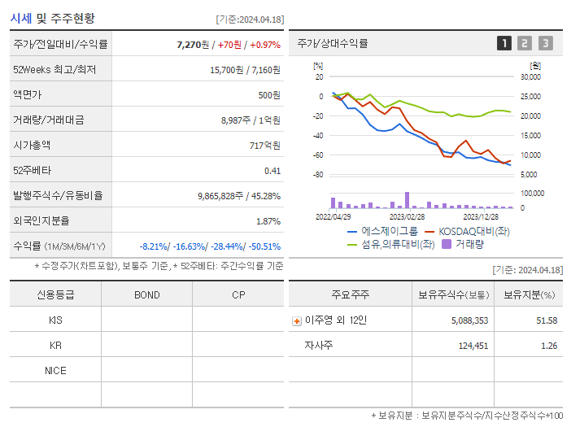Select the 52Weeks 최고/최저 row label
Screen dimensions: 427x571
(54, 70)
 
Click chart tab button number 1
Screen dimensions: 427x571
(504, 44)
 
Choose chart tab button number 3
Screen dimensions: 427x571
(545, 44)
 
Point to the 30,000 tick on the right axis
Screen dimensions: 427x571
(530, 77)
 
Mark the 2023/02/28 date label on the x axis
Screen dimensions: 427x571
(407, 216)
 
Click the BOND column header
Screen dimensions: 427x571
(146, 294)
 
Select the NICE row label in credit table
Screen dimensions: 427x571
(55, 370)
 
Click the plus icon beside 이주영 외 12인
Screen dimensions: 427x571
(297, 321)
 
